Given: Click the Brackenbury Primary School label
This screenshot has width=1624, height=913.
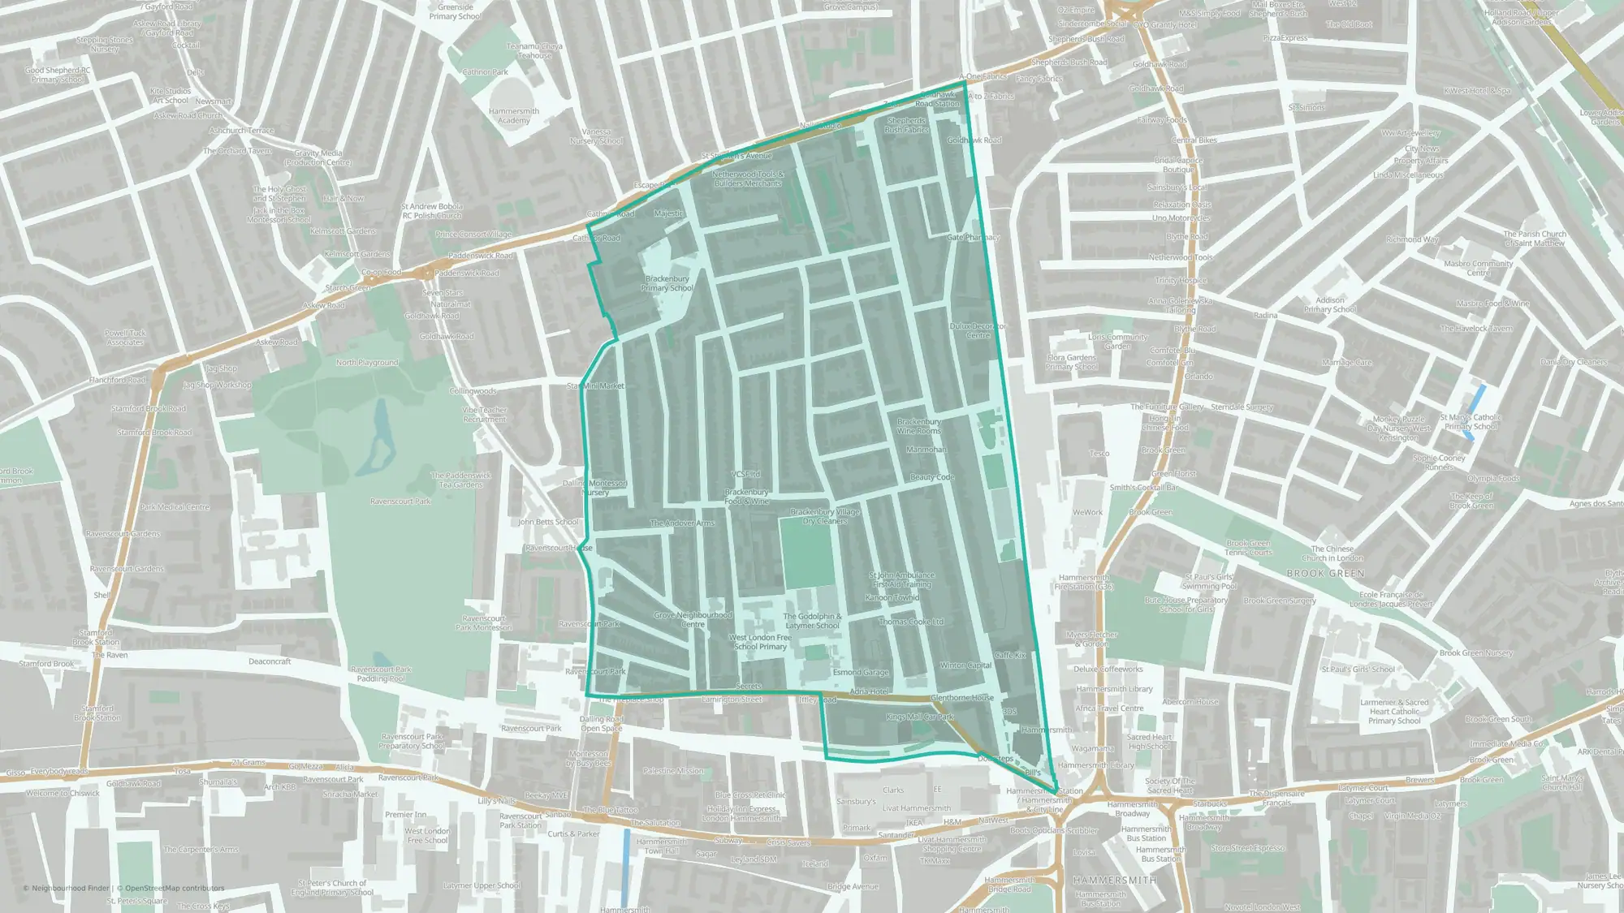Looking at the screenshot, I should pyautogui.click(x=667, y=283).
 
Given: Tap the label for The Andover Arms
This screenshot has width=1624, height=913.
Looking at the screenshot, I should pyautogui.click(x=682, y=523).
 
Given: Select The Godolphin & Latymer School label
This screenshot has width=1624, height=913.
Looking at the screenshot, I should pyautogui.click(x=812, y=621).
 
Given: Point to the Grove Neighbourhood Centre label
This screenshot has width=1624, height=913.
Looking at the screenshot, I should pyautogui.click(x=693, y=619).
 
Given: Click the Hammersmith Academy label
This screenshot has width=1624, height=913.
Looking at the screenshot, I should pyautogui.click(x=514, y=115).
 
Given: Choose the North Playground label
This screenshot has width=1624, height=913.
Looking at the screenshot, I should pyautogui.click(x=367, y=363).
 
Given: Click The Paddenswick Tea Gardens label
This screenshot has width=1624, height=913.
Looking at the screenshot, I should pyautogui.click(x=461, y=480).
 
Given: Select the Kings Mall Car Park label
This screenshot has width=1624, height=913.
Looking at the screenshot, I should pyautogui.click(x=920, y=717).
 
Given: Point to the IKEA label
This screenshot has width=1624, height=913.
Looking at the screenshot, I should pyautogui.click(x=914, y=822).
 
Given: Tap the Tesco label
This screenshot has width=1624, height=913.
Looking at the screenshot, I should pyautogui.click(x=1099, y=454).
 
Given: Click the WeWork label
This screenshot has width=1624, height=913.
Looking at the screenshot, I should pyautogui.click(x=1087, y=512).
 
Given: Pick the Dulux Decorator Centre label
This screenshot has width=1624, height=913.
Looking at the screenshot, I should pyautogui.click(x=978, y=330).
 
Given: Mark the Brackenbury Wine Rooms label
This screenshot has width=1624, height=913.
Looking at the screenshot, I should pyautogui.click(x=919, y=426).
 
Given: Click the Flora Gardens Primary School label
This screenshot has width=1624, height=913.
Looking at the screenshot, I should pyautogui.click(x=1072, y=362).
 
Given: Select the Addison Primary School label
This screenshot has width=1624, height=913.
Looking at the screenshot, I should pyautogui.click(x=1330, y=304).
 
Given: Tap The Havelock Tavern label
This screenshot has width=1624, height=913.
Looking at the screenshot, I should pyautogui.click(x=1476, y=329).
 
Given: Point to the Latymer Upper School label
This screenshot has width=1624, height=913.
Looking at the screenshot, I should pyautogui.click(x=482, y=885).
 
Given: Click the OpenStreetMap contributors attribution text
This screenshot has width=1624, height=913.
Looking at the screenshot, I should pyautogui.click(x=175, y=888).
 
